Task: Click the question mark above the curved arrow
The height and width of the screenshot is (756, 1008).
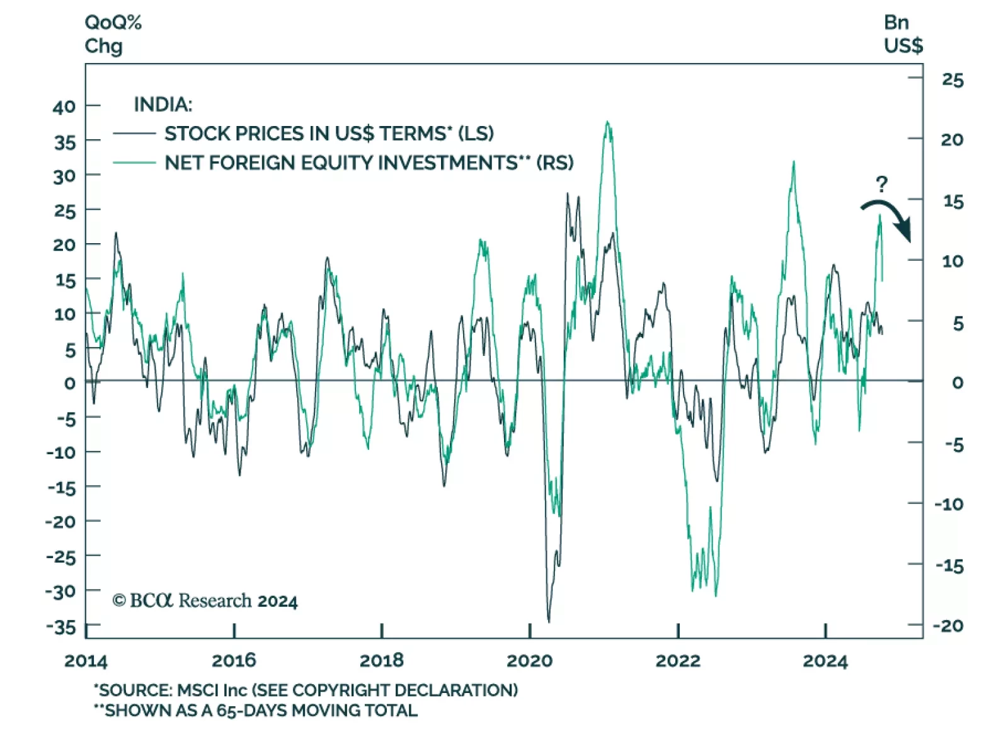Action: (881, 184)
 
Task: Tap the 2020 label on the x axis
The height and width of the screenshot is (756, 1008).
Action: (529, 661)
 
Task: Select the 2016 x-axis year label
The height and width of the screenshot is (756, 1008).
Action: (234, 661)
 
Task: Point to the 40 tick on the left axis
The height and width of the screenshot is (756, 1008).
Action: (64, 106)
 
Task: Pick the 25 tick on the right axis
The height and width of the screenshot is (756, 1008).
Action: (953, 80)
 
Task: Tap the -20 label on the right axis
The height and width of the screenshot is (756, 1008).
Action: (949, 626)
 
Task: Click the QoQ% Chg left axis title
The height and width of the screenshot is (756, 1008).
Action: (113, 34)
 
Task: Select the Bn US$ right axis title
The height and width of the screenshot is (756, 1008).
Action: (903, 34)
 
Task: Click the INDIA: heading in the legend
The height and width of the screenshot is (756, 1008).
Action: (163, 104)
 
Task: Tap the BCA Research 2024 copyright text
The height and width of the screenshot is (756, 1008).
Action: (205, 601)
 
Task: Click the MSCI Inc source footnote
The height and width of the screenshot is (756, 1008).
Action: (306, 690)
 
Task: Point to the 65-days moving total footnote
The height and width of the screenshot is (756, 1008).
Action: (255, 711)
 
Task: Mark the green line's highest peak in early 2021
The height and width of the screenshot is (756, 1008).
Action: (607, 122)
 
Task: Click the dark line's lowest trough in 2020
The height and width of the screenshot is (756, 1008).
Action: (549, 621)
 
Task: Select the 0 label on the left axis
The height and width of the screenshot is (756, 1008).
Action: (69, 382)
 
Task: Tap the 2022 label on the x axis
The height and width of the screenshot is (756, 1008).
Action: (678, 661)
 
